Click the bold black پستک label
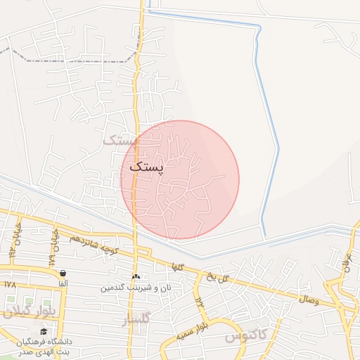tap(146, 170)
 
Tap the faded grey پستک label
tap(118, 141)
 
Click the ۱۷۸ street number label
tap(9, 285)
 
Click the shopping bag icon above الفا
tap(63, 274)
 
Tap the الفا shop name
tap(63, 283)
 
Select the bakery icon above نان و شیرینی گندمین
tap(136, 276)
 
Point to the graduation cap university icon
tap(44, 331)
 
